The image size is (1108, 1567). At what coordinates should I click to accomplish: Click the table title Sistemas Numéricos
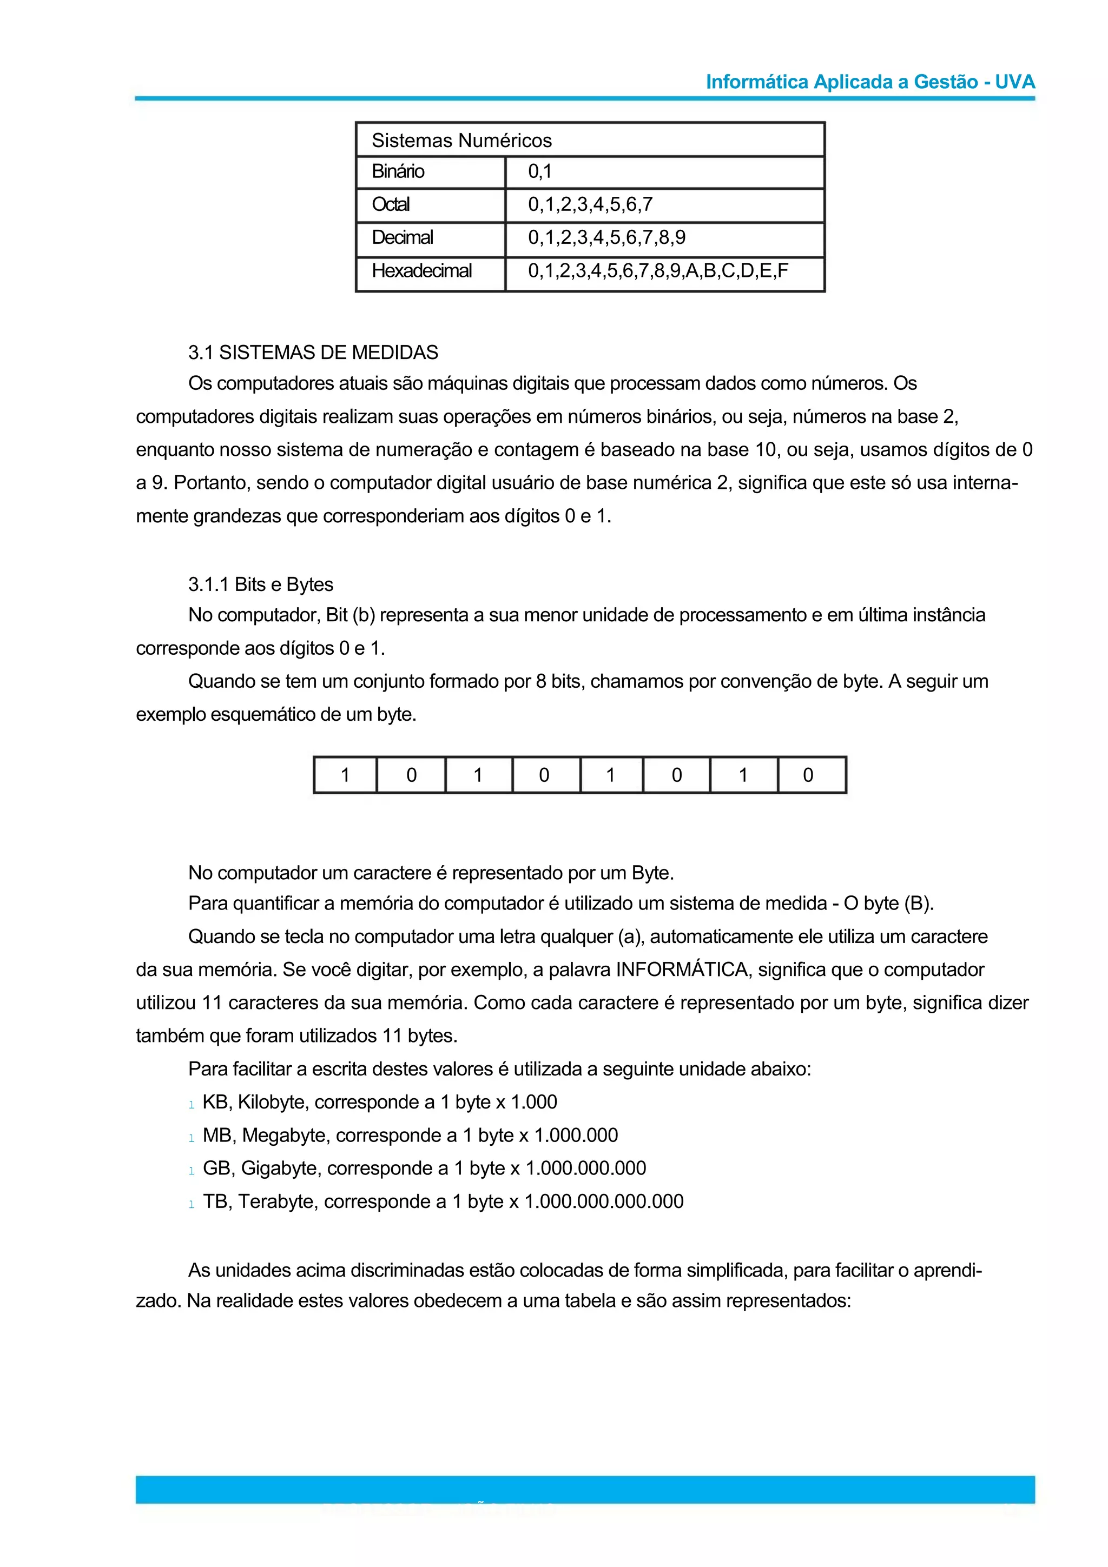pos(461,141)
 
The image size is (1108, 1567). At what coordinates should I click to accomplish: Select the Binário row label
pos(398,171)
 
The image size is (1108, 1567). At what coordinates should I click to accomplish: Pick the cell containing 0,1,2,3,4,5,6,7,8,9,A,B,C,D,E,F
pos(657,271)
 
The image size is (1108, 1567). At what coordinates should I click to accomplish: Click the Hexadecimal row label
pos(421,271)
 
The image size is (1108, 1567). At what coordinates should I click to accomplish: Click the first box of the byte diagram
pos(346,775)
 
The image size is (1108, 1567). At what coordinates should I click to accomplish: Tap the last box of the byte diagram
pos(808,775)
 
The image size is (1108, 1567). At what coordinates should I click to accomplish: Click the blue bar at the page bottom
pos(584,1489)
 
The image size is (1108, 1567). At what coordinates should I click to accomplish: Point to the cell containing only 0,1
pos(539,171)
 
